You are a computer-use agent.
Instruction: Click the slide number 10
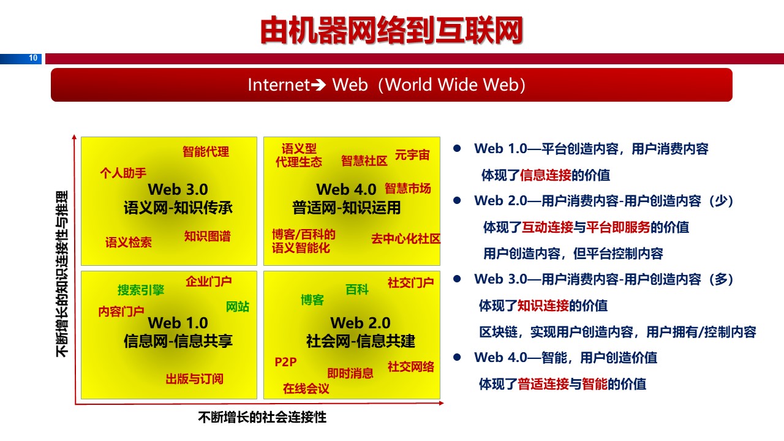click(33, 58)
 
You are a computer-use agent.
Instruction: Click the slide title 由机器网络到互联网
click(391, 31)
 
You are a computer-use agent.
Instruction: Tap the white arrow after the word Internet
click(318, 85)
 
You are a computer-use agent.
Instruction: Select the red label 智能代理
click(206, 151)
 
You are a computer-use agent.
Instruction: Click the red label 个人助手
click(123, 173)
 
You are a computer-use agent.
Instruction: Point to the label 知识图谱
click(208, 236)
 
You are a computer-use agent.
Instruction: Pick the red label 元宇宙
click(412, 155)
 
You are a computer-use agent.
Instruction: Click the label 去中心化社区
click(406, 239)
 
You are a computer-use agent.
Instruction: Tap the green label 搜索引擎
click(141, 290)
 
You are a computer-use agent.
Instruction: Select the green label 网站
click(238, 307)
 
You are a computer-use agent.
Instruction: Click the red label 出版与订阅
click(195, 379)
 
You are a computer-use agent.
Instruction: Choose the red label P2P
click(285, 362)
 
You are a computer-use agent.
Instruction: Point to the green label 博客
click(312, 300)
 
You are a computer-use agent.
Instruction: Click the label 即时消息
click(350, 373)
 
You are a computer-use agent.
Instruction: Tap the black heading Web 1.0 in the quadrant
click(178, 323)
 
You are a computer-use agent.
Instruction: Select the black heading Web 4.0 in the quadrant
click(346, 189)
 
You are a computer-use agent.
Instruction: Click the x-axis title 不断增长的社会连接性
click(262, 417)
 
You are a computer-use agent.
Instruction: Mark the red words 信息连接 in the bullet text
click(545, 175)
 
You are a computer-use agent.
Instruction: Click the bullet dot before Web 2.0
click(457, 200)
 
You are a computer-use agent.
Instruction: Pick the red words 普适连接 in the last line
click(543, 384)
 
